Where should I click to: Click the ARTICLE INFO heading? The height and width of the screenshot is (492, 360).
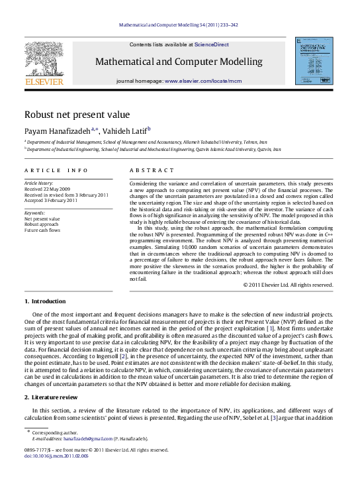tap(50, 170)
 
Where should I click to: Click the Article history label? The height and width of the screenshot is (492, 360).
tap(38, 181)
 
